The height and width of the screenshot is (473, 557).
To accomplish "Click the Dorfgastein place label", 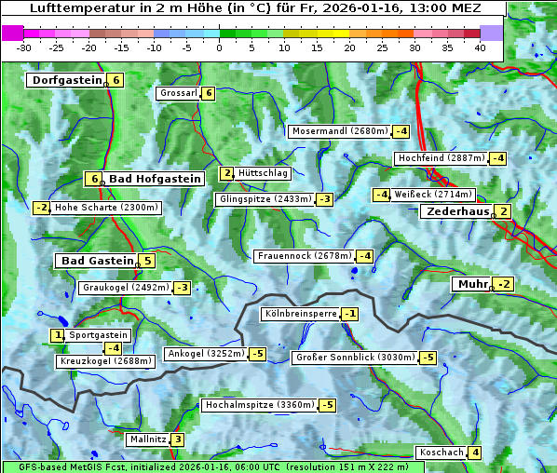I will [x=65, y=80].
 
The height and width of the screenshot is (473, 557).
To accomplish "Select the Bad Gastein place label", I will [x=97, y=261].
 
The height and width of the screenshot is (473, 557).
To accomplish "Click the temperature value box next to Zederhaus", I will [x=503, y=212].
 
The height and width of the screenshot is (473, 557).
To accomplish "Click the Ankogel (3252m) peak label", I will [x=205, y=354].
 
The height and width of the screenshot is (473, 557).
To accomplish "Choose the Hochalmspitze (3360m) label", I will [x=259, y=405].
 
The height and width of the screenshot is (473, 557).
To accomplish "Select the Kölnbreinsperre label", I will [x=300, y=315].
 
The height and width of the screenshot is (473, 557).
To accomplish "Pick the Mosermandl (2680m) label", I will [x=339, y=131].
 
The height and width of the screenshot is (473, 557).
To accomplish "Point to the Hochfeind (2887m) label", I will [x=441, y=158].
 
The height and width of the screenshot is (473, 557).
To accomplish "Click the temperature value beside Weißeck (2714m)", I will [x=381, y=195].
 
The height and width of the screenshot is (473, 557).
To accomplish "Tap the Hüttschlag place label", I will [x=263, y=173].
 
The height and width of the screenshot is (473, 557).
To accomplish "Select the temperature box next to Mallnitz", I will [x=177, y=439].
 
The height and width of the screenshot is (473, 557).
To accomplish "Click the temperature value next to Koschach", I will [x=475, y=453].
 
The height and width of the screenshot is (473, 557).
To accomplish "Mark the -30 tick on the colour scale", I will [x=24, y=47].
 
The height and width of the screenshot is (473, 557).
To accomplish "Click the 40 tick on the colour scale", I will [x=480, y=47].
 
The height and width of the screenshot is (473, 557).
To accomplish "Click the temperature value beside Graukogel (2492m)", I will [x=183, y=288].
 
